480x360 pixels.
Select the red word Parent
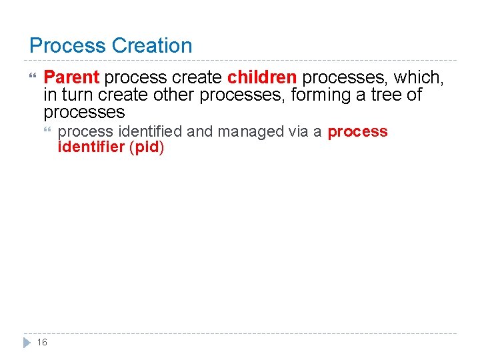71,78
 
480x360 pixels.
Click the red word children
262,78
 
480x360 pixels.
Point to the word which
417,78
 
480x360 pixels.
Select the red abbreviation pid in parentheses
147,147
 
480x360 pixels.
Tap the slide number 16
42,342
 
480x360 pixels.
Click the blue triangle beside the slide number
27,342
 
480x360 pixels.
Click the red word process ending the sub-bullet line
357,131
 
